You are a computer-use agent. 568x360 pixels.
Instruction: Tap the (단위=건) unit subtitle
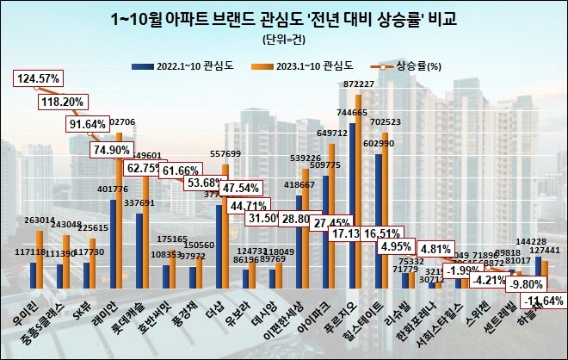pos(283,40)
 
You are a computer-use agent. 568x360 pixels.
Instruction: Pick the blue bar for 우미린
pos(34,276)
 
